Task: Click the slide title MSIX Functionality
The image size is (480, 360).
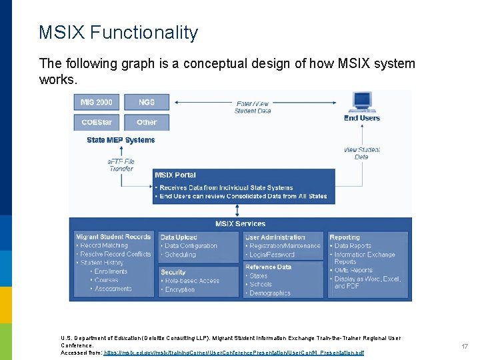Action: tap(119, 33)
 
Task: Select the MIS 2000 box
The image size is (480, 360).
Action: tap(97, 102)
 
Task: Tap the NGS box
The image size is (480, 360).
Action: tap(147, 102)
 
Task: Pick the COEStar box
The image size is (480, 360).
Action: tap(97, 122)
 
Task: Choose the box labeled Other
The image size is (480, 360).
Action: tap(147, 122)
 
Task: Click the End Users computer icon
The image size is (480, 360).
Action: tap(362, 101)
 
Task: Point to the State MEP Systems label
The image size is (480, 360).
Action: tap(121, 140)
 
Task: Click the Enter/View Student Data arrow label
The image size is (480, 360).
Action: tap(253, 107)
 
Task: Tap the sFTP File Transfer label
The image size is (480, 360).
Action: tap(121, 165)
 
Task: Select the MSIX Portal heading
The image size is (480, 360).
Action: tap(175, 175)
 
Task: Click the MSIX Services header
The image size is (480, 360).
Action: tap(240, 223)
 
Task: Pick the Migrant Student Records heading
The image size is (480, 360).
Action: tap(113, 237)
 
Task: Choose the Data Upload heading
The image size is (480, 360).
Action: tap(179, 237)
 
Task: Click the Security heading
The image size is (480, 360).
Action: tap(173, 272)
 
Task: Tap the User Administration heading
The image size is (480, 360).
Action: tap(275, 237)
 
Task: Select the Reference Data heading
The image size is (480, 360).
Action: tap(269, 267)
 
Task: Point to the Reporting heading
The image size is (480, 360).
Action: tap(345, 237)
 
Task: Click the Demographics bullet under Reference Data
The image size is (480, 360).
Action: tap(270, 293)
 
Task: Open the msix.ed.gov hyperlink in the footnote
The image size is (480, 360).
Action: tap(234, 352)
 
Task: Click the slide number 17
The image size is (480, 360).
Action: tap(465, 347)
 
